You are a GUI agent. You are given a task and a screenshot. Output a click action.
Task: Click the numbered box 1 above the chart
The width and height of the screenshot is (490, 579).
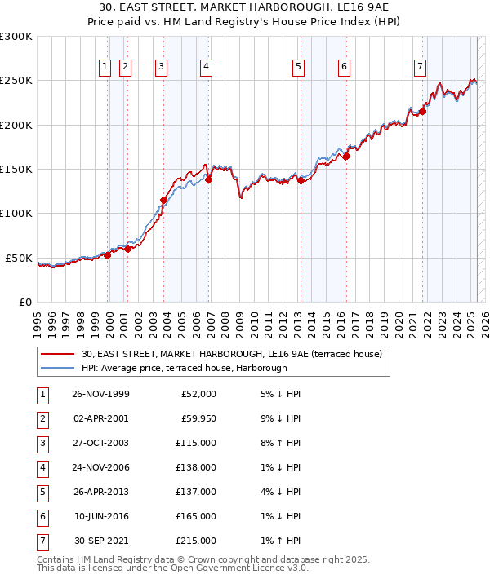105,68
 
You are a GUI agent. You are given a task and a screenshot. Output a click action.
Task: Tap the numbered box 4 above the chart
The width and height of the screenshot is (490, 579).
207,68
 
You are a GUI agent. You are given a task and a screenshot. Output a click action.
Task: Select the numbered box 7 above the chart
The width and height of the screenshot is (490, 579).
420,68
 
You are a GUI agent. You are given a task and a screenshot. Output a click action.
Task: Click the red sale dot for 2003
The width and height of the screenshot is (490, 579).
164,200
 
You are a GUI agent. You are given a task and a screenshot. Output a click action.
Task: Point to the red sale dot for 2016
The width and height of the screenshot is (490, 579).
346,157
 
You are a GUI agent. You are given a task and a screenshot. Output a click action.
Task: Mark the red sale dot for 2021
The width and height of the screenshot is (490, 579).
423,112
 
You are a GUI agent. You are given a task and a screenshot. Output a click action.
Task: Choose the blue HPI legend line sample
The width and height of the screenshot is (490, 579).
58,368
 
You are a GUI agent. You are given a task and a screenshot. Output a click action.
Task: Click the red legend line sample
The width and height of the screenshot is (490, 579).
58,354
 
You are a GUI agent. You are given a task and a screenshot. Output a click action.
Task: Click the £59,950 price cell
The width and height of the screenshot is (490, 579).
196,418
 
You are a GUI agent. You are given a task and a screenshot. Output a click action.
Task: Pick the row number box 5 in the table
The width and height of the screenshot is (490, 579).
41,491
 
